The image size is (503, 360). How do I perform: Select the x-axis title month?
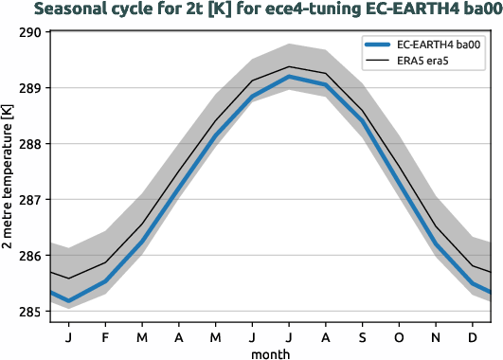click(x=271, y=352)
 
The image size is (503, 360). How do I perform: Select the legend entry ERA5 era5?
click(x=426, y=63)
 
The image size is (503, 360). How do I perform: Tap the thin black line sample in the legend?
click(x=378, y=63)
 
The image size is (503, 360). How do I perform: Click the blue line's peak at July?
click(x=289, y=77)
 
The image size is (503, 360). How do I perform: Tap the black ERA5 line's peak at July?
click(x=289, y=66)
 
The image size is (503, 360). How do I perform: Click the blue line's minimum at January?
click(x=68, y=301)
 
